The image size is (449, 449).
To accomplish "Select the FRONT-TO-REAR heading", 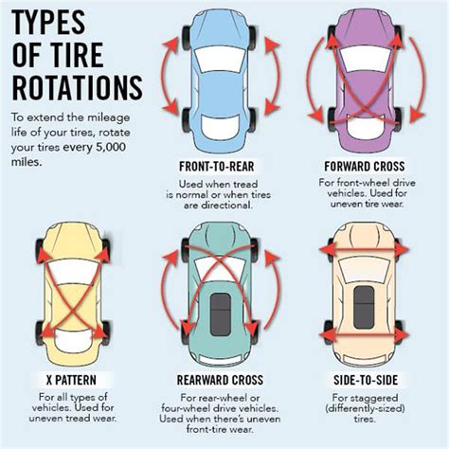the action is click(217, 167).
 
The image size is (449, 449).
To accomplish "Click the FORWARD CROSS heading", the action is click(365, 166).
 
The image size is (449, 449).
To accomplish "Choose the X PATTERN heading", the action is click(71, 380).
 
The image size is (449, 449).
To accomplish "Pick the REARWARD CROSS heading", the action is click(220, 380).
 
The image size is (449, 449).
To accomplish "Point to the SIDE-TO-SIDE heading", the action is click(366, 380).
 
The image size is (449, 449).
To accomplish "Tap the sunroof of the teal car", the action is click(220, 314).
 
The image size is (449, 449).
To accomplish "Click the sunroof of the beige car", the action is click(364, 307).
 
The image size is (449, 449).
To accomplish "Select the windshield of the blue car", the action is click(220, 61).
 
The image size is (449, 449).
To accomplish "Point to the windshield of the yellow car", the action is click(73, 271).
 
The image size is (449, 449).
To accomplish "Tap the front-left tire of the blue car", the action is click(186, 38).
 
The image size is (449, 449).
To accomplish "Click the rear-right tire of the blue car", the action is click(252, 120).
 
